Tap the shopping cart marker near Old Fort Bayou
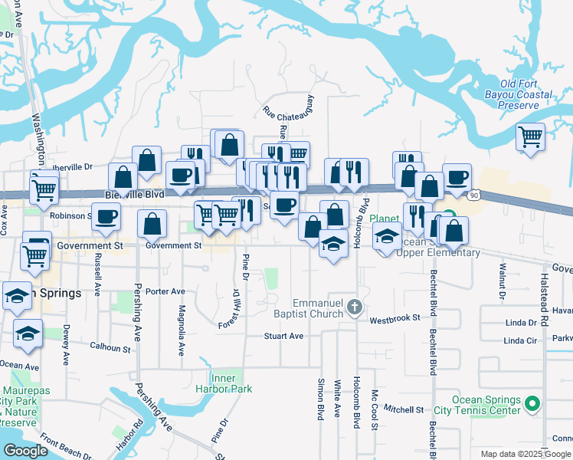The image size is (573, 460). tap(530, 138)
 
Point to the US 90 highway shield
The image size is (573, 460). tap(475, 196)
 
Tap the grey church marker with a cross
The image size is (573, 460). tap(354, 307)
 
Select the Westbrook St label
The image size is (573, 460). tap(395, 317)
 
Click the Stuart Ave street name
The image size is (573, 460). tap(284, 336)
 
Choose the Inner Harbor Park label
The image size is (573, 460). tap(231, 383)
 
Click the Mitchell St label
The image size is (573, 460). tap(404, 409)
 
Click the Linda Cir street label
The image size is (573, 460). tap(521, 340)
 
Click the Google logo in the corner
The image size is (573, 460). tap(25, 451)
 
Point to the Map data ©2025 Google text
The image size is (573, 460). tap(526, 454)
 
